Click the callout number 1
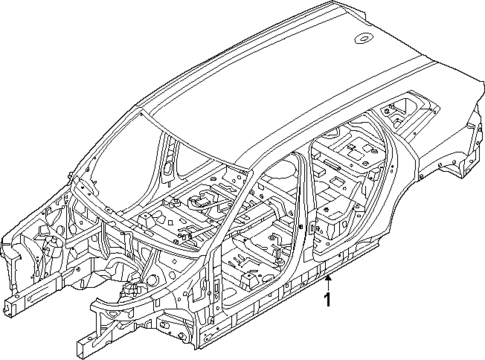(328, 301)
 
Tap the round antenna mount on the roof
(361, 41)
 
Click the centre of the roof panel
(280, 80)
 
